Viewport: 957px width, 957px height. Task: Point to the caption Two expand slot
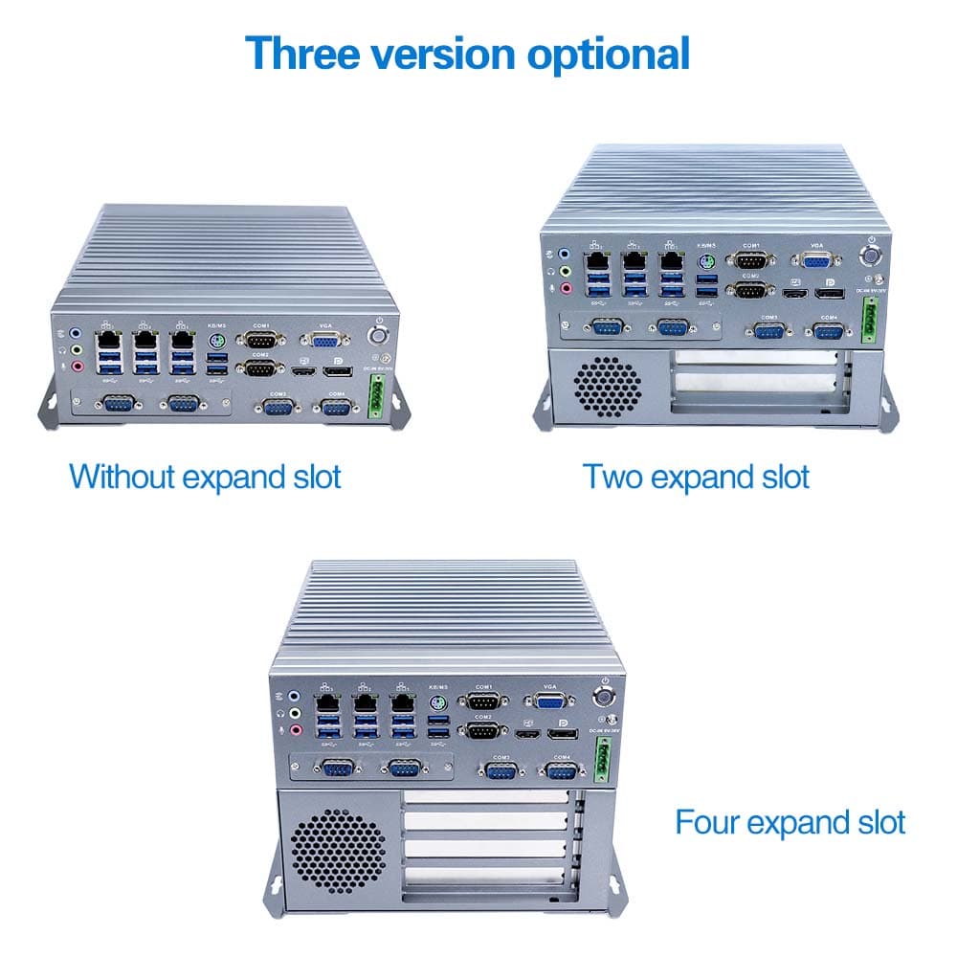pos(697,476)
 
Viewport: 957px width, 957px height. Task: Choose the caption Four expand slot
pos(790,821)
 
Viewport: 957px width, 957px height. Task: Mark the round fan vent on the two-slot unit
pos(609,388)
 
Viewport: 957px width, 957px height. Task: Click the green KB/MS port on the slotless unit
pos(216,341)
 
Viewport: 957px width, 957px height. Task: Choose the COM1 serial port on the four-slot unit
pos(483,701)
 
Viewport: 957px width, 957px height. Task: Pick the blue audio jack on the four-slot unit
pos(296,699)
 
